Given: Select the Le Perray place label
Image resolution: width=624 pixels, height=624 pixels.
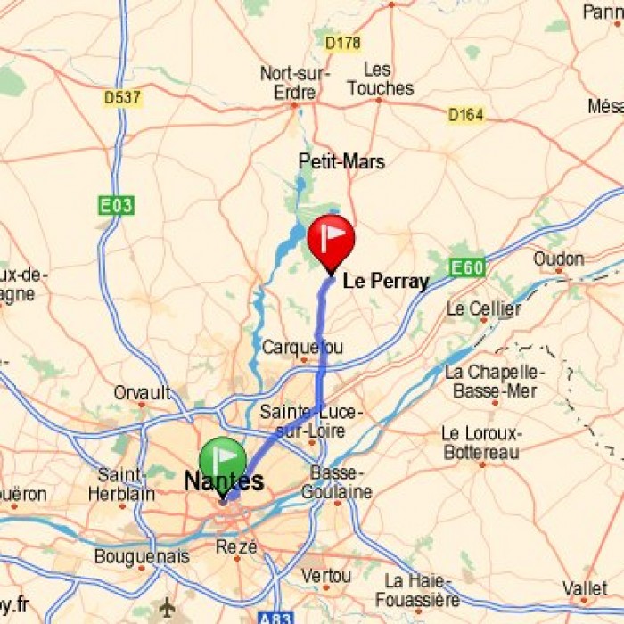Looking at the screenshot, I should click(385, 283).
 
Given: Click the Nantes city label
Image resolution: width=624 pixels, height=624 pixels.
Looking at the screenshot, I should click(224, 482).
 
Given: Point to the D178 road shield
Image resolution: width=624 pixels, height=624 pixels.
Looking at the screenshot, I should click(342, 43).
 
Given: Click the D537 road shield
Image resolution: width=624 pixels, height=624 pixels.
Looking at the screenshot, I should click(122, 98).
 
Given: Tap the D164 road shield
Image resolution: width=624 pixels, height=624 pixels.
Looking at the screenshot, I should click(465, 115).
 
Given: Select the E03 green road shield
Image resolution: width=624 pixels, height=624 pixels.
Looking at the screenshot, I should click(116, 206).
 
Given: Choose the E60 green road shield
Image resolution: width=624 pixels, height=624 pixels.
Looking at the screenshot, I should click(467, 267).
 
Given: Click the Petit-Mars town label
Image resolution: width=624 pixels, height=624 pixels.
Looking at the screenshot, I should click(341, 161).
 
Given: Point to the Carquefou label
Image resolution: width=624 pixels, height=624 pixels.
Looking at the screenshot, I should click(302, 347).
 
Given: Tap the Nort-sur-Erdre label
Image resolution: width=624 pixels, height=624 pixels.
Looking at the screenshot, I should click(294, 83).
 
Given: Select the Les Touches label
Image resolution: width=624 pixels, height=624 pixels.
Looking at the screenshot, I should click(381, 79).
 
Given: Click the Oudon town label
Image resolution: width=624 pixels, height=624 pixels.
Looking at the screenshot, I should click(558, 259).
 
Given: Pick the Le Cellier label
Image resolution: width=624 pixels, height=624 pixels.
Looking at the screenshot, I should click(483, 309).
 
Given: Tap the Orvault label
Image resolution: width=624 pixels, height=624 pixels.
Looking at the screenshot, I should click(142, 392).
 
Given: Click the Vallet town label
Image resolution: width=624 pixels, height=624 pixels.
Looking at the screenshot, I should click(585, 589).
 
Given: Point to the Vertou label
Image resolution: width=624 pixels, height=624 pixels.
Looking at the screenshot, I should click(325, 576).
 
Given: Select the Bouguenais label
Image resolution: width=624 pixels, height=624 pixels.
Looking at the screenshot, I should click(142, 557).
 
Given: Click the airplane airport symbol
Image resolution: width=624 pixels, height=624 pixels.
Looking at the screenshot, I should click(167, 607).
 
